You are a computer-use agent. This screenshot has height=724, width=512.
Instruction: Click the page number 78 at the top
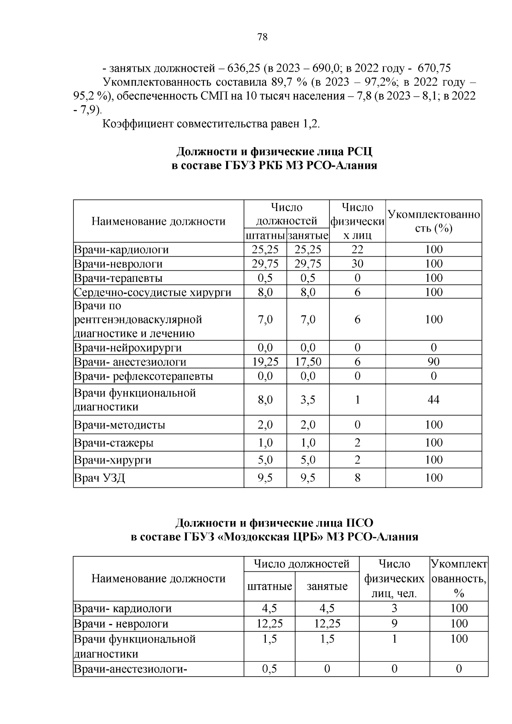263,38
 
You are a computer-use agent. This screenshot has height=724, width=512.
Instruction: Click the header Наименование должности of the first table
158,221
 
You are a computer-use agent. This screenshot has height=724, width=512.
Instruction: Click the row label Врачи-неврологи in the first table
118,264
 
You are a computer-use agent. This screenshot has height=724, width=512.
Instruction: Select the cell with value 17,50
308,362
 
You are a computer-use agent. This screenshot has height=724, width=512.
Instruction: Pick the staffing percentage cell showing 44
433,400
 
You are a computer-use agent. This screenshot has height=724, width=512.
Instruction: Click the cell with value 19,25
265,362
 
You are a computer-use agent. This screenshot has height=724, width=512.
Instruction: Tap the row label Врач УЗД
99,478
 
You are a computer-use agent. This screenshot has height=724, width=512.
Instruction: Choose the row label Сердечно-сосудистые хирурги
152,292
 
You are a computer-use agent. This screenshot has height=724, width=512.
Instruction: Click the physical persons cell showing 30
357,264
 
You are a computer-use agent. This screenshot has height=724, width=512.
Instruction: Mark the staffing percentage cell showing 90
433,362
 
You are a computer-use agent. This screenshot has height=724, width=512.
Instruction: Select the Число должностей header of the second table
301,564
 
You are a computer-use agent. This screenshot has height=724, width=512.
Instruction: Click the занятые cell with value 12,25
327,624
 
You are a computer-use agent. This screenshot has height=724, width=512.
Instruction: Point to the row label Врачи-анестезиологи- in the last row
131,669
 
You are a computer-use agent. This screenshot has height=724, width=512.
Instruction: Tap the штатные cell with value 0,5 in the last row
269,669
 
